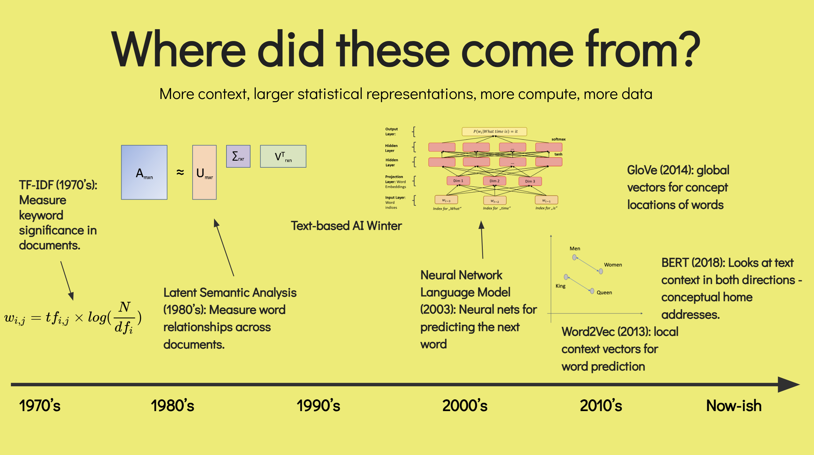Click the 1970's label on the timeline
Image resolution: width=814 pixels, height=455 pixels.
tap(40, 406)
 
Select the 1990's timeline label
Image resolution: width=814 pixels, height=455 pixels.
tap(318, 406)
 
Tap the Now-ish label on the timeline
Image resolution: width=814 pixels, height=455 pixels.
tap(734, 406)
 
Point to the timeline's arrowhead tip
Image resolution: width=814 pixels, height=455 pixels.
tap(800, 384)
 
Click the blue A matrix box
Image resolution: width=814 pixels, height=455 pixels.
tap(144, 172)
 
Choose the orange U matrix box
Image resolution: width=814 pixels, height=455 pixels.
tap(204, 172)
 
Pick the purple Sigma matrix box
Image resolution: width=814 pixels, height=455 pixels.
tap(238, 156)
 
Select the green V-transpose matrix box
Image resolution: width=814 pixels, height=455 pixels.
tap(283, 156)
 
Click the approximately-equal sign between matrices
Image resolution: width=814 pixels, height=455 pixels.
tap(180, 172)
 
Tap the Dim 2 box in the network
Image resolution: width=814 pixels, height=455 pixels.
tap(495, 181)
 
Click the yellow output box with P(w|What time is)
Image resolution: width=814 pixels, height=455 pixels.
tap(495, 131)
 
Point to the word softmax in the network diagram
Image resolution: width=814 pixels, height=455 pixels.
tap(559, 139)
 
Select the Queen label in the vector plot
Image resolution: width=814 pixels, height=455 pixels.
tap(604, 292)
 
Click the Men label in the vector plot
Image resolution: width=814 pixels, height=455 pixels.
tap(575, 248)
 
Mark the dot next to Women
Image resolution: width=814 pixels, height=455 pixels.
tap(601, 271)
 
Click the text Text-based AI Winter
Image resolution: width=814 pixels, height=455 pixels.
tap(346, 226)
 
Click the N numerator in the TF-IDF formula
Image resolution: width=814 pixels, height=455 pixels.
tap(125, 307)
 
